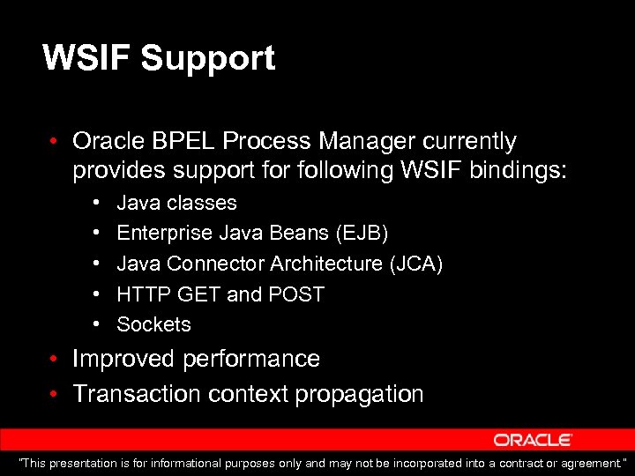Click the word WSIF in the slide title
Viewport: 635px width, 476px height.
(x=86, y=58)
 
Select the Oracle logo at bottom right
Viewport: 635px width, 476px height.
(x=533, y=440)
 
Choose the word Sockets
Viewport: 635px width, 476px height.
(x=153, y=324)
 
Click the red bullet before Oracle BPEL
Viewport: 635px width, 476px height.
(x=54, y=142)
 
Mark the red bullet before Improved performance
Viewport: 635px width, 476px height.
(x=54, y=360)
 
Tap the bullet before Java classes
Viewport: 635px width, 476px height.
(x=95, y=204)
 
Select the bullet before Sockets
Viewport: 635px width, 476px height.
(x=95, y=325)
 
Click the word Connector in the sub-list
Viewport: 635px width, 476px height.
(x=215, y=264)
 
